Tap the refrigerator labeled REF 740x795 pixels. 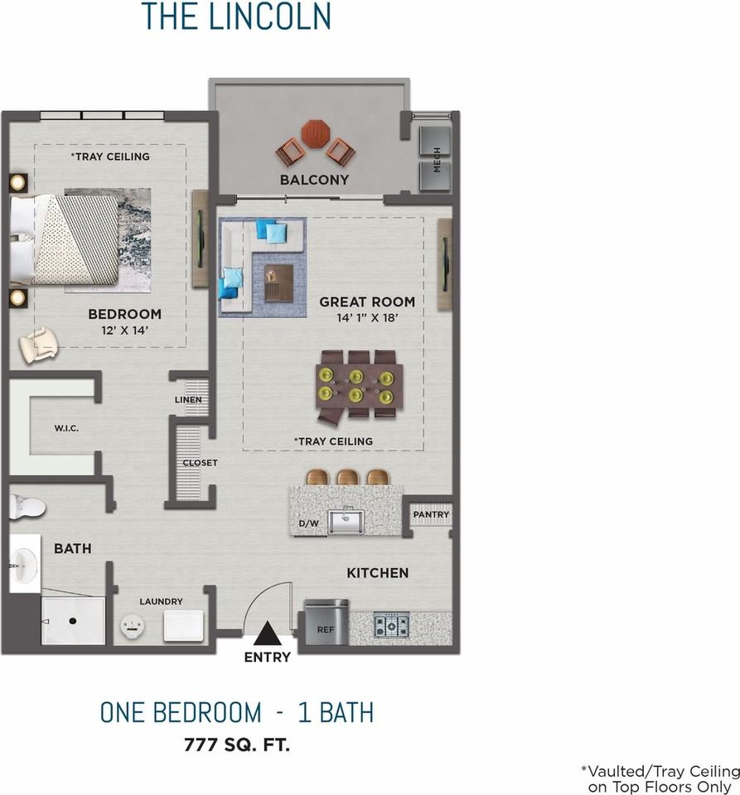(326, 622)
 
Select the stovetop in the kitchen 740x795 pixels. (392, 625)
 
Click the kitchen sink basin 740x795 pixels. (346, 521)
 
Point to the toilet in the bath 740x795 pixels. (27, 507)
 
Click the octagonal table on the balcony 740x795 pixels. (316, 134)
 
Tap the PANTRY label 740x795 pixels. (431, 514)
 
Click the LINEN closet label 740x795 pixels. (188, 399)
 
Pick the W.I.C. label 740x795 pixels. (66, 428)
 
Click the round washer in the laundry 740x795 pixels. (133, 626)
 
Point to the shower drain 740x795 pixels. (73, 620)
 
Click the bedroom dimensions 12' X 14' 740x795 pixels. (125, 330)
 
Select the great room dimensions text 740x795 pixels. (367, 318)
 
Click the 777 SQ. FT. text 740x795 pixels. (237, 744)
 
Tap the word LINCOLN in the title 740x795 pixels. (270, 16)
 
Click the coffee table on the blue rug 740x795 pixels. (279, 282)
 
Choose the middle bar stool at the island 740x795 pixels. (348, 477)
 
